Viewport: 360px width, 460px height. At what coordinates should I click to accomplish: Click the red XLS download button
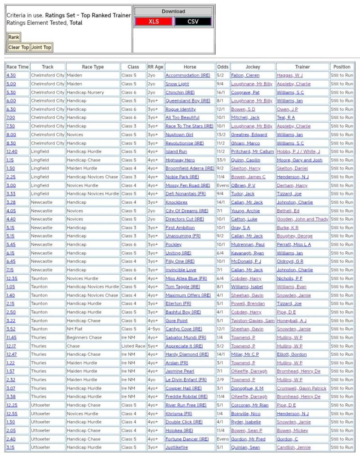pos(154,22)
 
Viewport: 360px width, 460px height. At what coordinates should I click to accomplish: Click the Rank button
pos(14,37)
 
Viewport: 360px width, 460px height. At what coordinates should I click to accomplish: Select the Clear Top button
pos(18,47)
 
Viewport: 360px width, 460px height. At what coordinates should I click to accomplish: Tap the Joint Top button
pos(41,47)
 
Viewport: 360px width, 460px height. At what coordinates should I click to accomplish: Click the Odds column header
pos(222,67)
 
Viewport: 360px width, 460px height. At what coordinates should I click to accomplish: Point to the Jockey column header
pos(252,67)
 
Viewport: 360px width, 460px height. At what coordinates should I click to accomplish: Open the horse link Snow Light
pos(178,84)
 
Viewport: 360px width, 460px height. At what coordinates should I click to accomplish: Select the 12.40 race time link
pos(12,152)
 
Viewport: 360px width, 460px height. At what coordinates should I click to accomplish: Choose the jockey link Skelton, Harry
pos(245,168)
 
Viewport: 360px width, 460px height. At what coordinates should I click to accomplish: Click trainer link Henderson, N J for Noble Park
pos(293,177)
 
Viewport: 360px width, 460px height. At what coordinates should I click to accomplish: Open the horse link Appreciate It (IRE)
pos(184,346)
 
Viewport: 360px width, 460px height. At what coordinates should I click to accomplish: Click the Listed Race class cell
pos(133,346)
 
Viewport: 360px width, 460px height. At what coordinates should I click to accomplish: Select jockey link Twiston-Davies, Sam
pos(252,321)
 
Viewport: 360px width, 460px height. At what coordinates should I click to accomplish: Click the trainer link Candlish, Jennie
pos(293,447)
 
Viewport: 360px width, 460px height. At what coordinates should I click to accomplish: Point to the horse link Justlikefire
pos(177,447)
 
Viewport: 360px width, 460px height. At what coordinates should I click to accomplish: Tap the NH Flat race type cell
pos(76,329)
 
